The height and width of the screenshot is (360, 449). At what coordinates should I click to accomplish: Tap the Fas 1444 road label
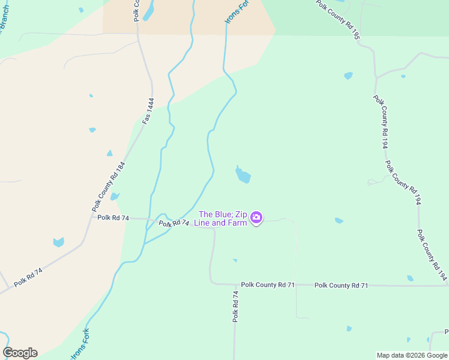pyautogui.click(x=148, y=111)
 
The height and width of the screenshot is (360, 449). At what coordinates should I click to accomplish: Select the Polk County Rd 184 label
pyautogui.click(x=109, y=186)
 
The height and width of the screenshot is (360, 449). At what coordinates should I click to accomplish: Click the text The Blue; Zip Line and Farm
pyautogui.click(x=222, y=218)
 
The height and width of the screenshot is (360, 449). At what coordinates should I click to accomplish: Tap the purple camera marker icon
pyautogui.click(x=256, y=218)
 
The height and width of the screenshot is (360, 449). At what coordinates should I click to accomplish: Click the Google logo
pyautogui.click(x=20, y=353)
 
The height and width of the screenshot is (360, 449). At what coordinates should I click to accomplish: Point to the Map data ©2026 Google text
pyautogui.click(x=412, y=355)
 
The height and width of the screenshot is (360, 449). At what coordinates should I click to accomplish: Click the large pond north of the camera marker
pyautogui.click(x=243, y=175)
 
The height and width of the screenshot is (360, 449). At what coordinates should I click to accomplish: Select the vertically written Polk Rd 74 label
pyautogui.click(x=236, y=307)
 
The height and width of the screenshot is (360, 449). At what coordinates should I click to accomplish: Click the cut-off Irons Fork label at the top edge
pyautogui.click(x=236, y=11)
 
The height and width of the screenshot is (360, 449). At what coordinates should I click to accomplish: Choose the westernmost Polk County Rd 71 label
pyautogui.click(x=267, y=285)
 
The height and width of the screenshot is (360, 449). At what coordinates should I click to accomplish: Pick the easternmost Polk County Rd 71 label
pyautogui.click(x=341, y=286)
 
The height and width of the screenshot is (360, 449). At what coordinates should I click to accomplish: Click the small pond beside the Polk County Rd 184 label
pyautogui.click(x=114, y=196)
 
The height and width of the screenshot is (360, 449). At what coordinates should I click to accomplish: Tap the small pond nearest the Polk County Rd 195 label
pyautogui.click(x=348, y=76)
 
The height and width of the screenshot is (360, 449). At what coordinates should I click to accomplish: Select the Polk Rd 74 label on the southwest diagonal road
pyautogui.click(x=28, y=277)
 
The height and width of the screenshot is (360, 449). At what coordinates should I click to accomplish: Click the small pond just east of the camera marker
pyautogui.click(x=339, y=221)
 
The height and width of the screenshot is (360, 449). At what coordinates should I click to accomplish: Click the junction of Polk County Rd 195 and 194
pyautogui.click(x=376, y=77)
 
